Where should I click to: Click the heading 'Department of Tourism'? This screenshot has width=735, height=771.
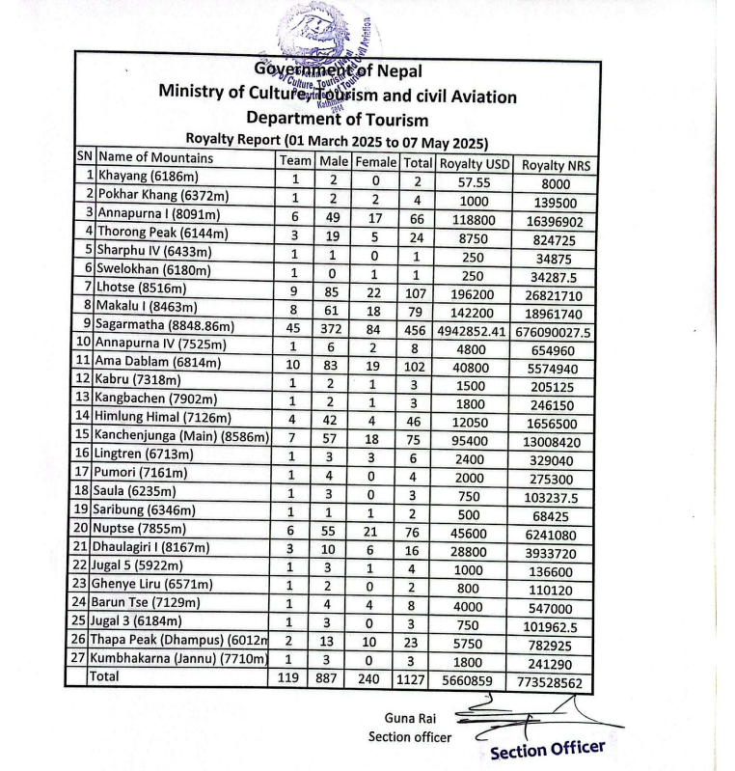(337, 119)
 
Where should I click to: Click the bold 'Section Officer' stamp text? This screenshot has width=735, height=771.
(548, 749)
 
